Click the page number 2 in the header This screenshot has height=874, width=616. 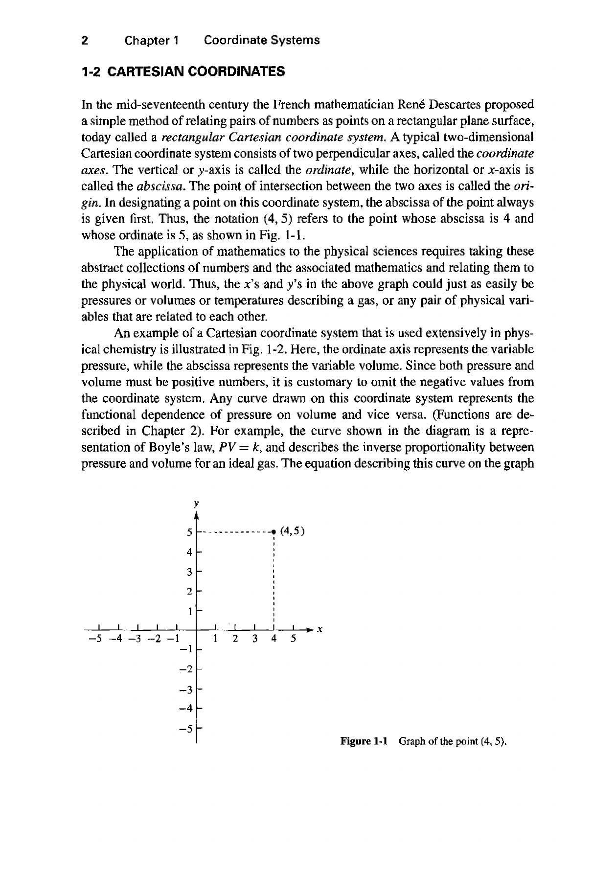[85, 41]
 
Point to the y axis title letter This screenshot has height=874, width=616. [196, 503]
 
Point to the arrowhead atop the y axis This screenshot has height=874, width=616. [196, 515]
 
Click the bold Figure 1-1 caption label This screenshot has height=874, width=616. [364, 741]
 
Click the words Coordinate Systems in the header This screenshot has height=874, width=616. [261, 41]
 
